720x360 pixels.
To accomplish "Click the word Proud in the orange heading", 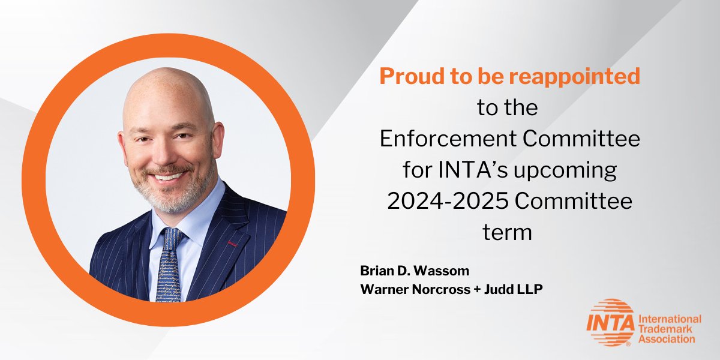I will [x=408, y=76].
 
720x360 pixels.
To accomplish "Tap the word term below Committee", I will [x=508, y=232].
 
